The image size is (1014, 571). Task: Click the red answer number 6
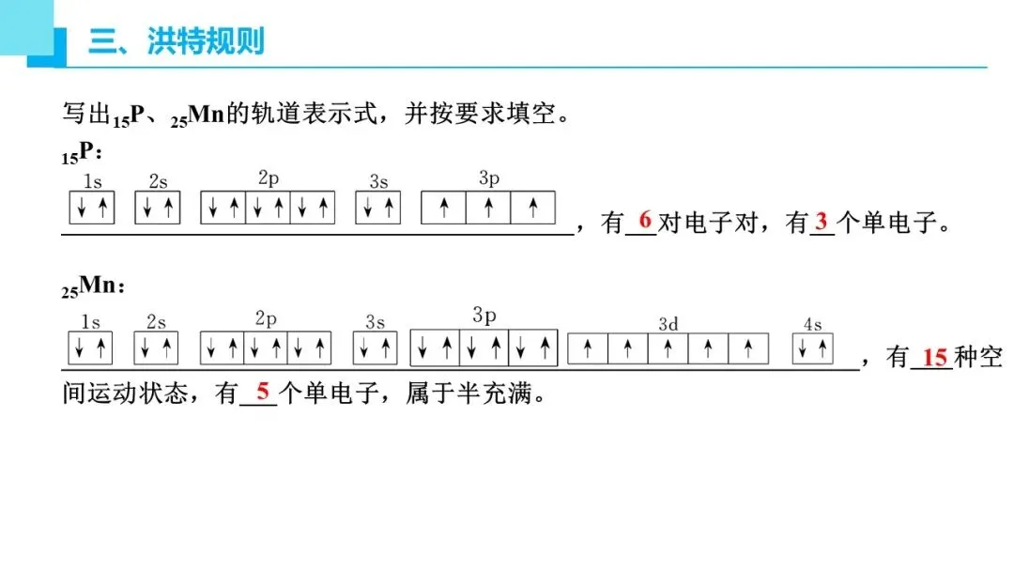644,220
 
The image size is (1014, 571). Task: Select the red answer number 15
933,357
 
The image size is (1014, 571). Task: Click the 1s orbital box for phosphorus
92,208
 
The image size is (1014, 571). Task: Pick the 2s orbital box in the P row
157,208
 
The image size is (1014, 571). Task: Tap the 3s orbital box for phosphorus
378,208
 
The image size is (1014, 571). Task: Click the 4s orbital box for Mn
813,348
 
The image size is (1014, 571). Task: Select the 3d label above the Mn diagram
668,324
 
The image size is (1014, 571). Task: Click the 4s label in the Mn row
812,325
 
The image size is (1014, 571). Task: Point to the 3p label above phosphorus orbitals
488,178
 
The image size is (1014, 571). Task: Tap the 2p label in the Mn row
266,319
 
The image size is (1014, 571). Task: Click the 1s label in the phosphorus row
93,181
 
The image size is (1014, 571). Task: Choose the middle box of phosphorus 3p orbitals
488,208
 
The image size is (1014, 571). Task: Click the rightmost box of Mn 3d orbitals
748,348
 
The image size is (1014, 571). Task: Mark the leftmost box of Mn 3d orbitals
588,348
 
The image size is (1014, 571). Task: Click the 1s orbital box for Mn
90,348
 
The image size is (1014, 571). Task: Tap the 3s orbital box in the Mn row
376,348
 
